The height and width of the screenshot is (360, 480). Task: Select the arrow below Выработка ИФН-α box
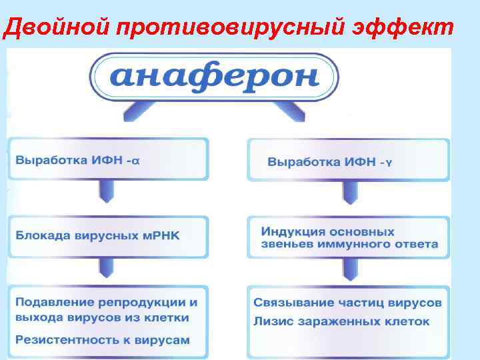coord(107,191)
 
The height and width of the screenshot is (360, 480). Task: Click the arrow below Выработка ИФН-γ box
coord(345,191)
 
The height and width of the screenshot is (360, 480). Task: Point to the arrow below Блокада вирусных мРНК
coord(107,267)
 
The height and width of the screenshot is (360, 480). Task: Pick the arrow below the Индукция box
coord(345,268)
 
